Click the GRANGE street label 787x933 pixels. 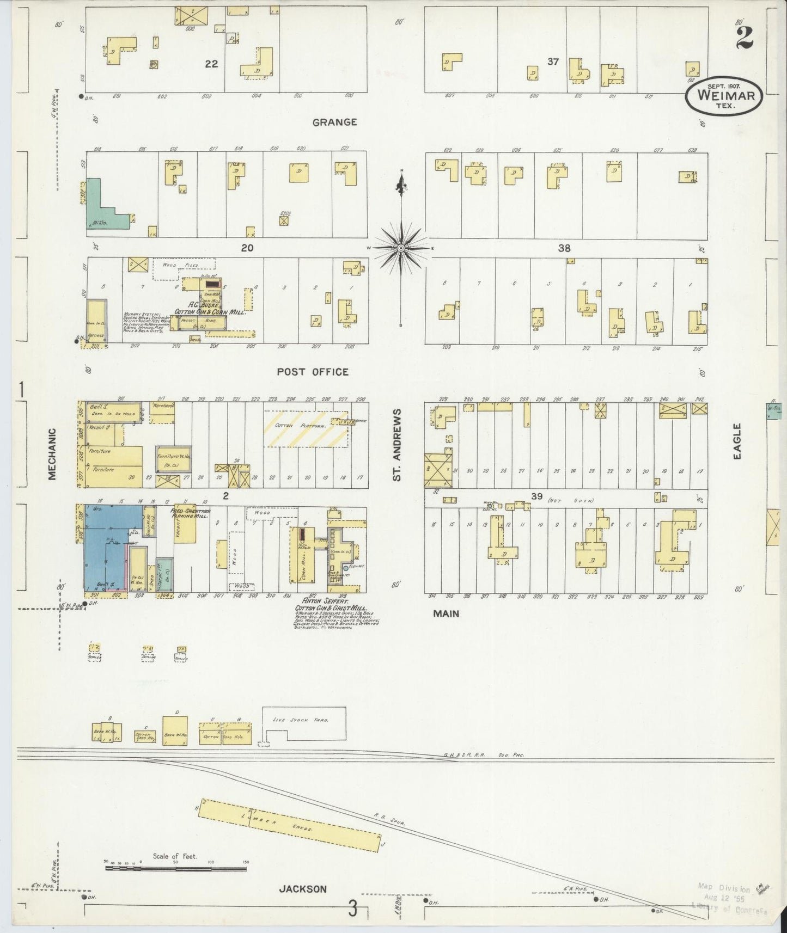click(334, 122)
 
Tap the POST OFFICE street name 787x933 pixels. click(313, 372)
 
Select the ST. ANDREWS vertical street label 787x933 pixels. click(398, 445)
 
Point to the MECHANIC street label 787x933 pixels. click(52, 454)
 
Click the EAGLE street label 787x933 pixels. click(737, 441)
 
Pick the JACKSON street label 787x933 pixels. click(303, 889)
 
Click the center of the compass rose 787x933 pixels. click(401, 248)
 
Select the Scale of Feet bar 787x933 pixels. click(176, 869)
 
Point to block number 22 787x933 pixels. click(211, 64)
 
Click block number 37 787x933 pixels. click(553, 62)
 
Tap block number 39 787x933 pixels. click(537, 496)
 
